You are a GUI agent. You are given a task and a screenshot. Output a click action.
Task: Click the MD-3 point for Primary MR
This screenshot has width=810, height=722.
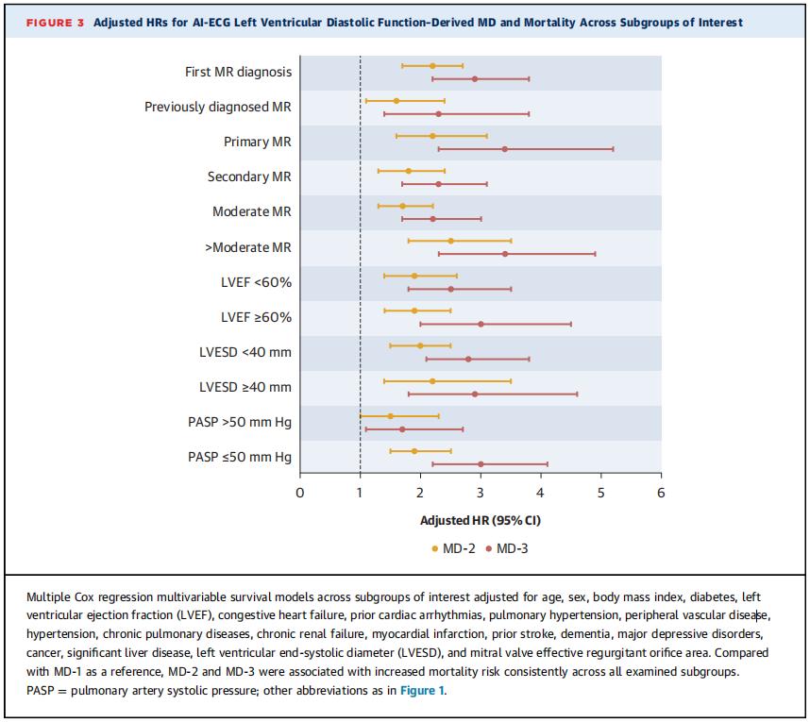click(505, 149)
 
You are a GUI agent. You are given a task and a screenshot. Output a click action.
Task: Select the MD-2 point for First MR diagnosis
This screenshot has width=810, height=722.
click(432, 65)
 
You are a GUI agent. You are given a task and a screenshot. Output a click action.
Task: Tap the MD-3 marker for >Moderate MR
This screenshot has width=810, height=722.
click(505, 254)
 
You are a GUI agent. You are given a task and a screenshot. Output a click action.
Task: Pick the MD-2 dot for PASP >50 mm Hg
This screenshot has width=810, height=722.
click(390, 416)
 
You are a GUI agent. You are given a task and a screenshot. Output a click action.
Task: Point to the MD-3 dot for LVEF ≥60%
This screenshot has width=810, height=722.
click(481, 325)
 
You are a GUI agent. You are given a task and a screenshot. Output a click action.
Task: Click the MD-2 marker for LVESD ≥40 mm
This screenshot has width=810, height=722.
click(432, 381)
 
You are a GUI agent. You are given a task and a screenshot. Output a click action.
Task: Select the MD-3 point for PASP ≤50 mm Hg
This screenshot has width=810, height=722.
click(481, 464)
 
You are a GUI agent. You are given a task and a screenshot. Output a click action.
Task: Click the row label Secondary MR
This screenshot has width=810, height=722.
click(249, 176)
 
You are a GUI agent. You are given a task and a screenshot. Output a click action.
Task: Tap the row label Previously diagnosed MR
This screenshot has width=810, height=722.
click(218, 107)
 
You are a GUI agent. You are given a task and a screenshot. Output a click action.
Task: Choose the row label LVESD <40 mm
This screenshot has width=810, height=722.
click(245, 352)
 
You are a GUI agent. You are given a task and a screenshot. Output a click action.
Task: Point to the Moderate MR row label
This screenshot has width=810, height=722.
click(252, 211)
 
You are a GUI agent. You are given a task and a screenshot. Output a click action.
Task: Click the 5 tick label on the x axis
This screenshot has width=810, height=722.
click(600, 493)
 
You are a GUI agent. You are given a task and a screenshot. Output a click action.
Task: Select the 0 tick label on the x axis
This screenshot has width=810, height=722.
click(300, 493)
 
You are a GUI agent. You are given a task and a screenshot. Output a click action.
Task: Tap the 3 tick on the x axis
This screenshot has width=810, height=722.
click(481, 476)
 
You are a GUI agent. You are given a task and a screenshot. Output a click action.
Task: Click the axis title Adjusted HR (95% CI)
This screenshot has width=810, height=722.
click(481, 520)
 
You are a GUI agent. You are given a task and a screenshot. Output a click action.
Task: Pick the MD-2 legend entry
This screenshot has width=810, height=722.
click(453, 548)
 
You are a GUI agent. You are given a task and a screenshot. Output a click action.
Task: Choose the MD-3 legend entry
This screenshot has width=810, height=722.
click(507, 548)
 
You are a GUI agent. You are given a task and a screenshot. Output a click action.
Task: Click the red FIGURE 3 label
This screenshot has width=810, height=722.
click(55, 23)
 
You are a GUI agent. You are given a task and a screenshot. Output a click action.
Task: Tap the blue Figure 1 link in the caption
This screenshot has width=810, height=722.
click(422, 691)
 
